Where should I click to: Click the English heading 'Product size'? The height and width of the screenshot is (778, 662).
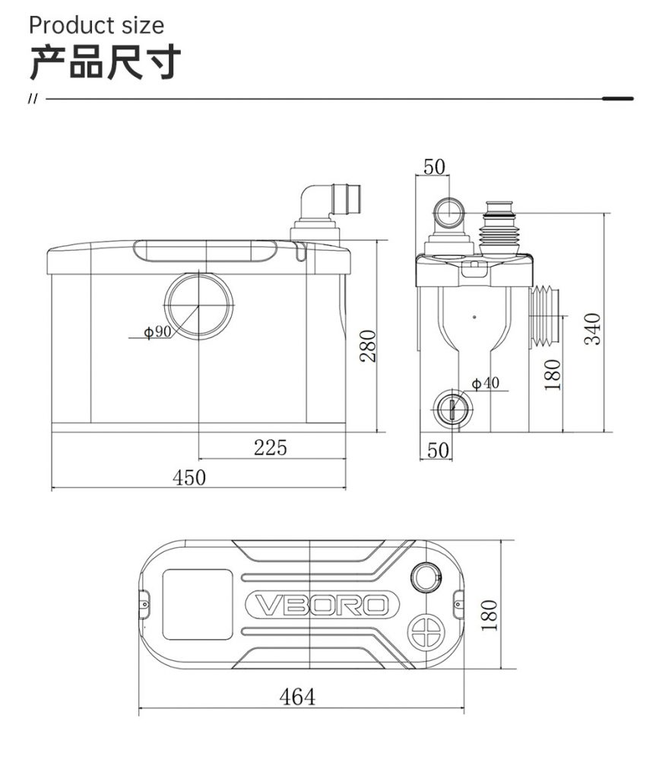[96, 25]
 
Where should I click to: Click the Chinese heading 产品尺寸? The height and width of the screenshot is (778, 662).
[105, 62]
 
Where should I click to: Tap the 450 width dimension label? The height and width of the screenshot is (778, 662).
[189, 477]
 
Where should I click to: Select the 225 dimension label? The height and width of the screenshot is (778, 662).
[270, 448]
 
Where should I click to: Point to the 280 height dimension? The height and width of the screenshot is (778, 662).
[368, 346]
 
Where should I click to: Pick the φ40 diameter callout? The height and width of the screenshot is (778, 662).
[486, 382]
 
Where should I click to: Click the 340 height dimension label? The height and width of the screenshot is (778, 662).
[593, 328]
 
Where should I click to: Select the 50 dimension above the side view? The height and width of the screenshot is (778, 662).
[434, 166]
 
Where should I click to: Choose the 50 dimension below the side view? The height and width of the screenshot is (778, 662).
[439, 450]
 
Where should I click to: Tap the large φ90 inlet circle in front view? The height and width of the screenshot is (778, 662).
[198, 304]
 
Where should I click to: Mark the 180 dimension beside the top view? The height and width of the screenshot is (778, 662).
[489, 614]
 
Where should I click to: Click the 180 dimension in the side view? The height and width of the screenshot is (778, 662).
[553, 374]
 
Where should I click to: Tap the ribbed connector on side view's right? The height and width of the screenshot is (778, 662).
[544, 318]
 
